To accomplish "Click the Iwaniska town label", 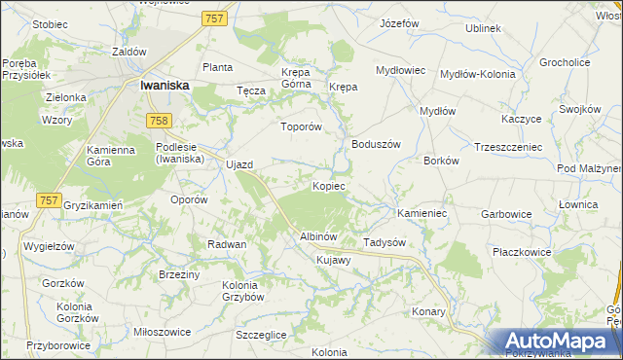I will pos(164,86).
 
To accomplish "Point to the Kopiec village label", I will pos(328,186).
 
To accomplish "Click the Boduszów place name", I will pos(376,144).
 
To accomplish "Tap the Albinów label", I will pos(317,237).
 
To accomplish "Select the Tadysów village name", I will pos(384,242).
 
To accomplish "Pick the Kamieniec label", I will pos(421,212).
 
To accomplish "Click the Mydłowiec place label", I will pos(401,70).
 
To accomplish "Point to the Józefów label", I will pos(399,22).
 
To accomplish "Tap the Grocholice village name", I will pos(566,62).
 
